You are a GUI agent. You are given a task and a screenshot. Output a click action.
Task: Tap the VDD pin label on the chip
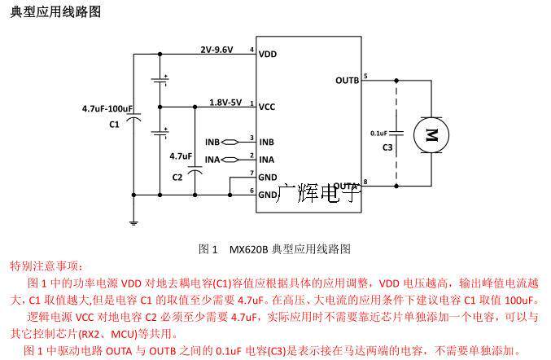pyautogui.click(x=267, y=55)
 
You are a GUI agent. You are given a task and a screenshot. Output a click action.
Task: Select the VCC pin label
pyautogui.click(x=267, y=106)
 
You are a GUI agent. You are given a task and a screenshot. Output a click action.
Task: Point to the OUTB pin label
pyautogui.click(x=347, y=80)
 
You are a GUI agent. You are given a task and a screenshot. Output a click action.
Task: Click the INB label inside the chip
pyautogui.click(x=266, y=142)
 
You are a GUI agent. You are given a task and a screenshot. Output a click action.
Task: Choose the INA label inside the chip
pyautogui.click(x=266, y=159)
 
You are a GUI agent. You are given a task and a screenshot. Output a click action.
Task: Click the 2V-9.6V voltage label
pyautogui.click(x=216, y=49)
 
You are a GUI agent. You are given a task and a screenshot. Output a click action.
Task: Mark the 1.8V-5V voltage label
pyautogui.click(x=225, y=103)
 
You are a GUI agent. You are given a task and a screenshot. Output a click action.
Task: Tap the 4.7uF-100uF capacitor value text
pyautogui.click(x=107, y=108)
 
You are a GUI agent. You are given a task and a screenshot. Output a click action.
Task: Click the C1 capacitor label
pyautogui.click(x=114, y=124)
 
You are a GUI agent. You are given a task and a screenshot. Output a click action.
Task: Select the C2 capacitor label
pyautogui.click(x=177, y=176)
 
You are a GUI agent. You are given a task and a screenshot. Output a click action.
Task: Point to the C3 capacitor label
pyautogui.click(x=387, y=147)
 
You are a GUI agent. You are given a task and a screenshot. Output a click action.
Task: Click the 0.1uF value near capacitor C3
pyautogui.click(x=378, y=133)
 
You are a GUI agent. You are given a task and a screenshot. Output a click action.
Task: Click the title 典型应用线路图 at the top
pyautogui.click(x=57, y=12)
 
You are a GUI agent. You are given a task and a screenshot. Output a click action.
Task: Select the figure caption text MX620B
pyautogui.click(x=248, y=248)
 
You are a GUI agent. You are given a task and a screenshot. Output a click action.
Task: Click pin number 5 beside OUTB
pyautogui.click(x=365, y=76)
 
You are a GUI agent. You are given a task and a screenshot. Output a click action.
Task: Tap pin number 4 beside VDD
pyautogui.click(x=251, y=50)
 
